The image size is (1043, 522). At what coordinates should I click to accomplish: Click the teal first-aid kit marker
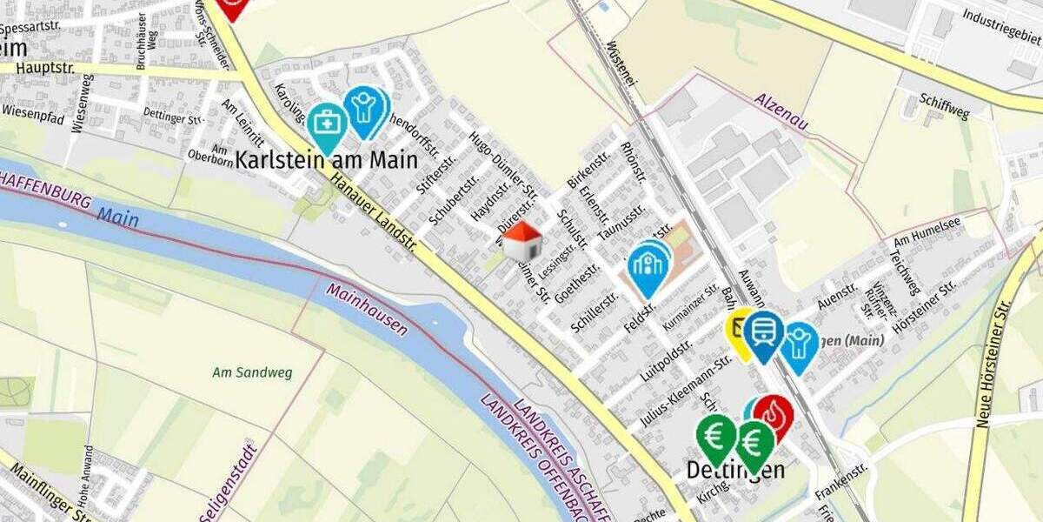(327, 124)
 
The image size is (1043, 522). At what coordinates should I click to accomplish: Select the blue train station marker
(764, 331)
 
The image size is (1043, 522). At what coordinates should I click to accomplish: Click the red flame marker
(773, 415)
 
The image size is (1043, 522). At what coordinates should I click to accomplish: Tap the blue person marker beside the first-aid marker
(365, 107)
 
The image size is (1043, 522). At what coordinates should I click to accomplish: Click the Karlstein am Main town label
(326, 161)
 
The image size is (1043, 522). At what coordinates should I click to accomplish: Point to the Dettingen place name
(735, 471)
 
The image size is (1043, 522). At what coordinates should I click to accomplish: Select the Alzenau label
(781, 111)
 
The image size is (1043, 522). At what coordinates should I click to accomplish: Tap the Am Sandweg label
(252, 372)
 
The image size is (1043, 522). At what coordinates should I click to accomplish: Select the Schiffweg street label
(945, 110)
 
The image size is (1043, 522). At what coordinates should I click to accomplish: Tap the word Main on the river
(117, 217)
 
